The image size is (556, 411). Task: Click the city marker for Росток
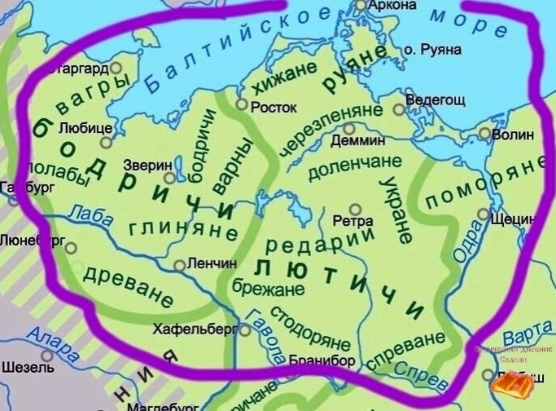pos(241,104)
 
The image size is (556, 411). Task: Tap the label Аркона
pos(393,6)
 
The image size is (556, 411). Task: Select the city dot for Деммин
pos(350,128)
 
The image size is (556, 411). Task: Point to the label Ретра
pos(353,221)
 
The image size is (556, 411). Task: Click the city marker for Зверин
pos(169,177)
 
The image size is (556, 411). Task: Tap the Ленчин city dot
pos(180,265)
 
